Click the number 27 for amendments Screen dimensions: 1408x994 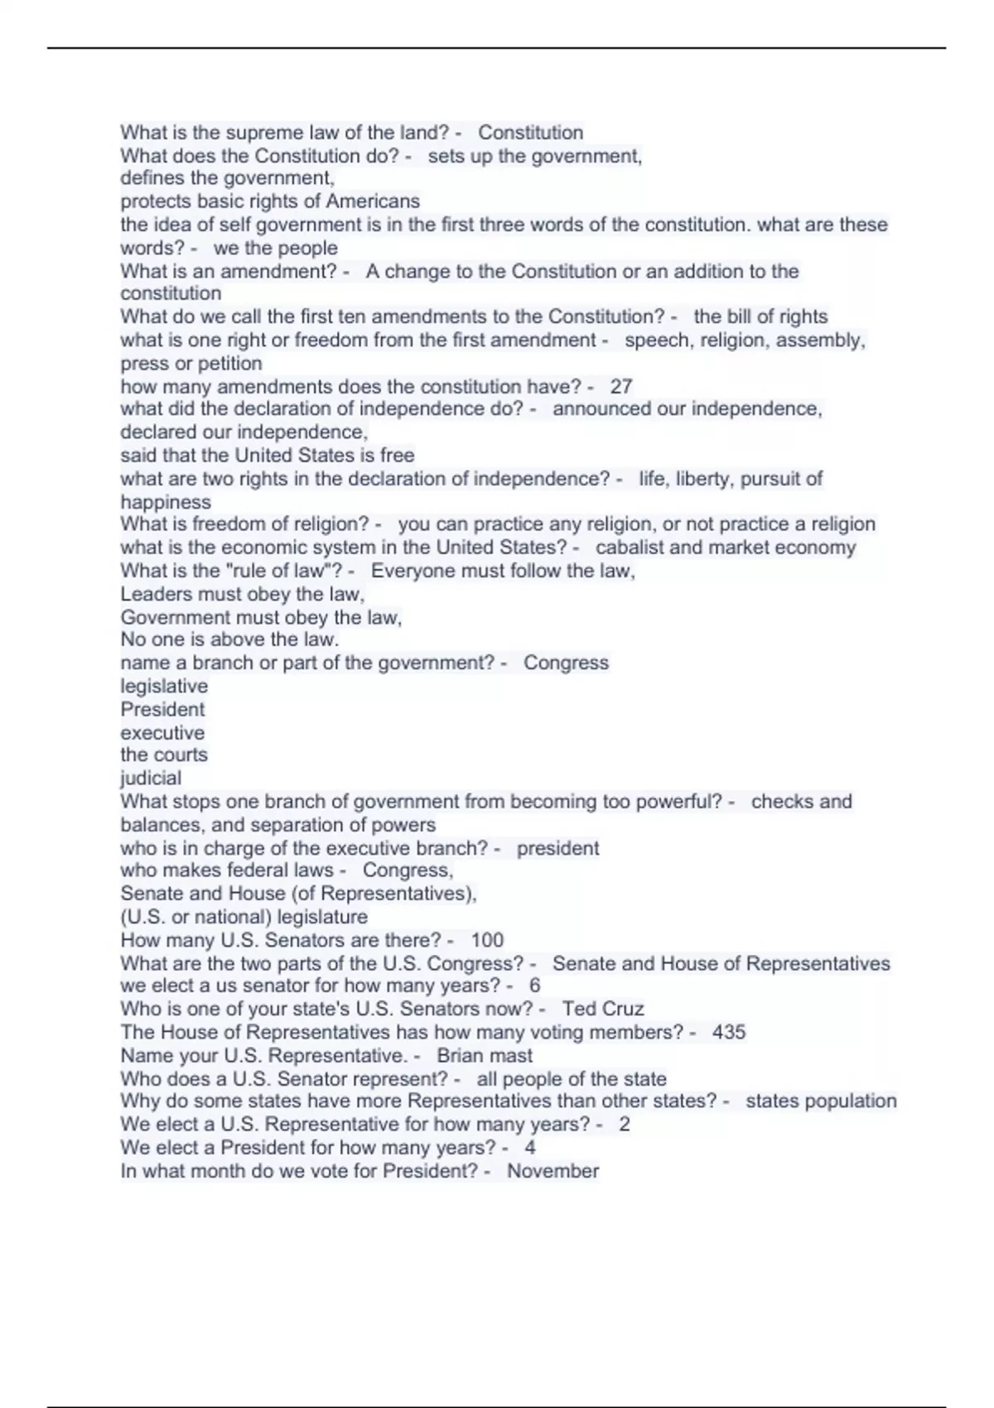click(x=621, y=386)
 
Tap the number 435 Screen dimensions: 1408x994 click(x=729, y=1032)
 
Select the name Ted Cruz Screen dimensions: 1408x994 click(x=603, y=1009)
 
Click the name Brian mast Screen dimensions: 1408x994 click(x=485, y=1055)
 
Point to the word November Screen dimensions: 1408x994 click(x=552, y=1171)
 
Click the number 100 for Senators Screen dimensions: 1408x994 click(x=487, y=940)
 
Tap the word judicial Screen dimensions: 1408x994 click(x=151, y=778)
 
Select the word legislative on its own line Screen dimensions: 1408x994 click(x=164, y=686)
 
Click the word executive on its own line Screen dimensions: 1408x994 click(x=162, y=732)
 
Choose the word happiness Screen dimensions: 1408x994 click(x=166, y=502)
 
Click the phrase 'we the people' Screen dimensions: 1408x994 click(x=275, y=248)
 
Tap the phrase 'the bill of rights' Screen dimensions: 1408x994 click(x=760, y=316)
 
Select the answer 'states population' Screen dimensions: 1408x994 click(x=821, y=1101)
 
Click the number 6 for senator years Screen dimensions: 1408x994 click(x=534, y=986)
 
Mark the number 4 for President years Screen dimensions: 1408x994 click(x=530, y=1148)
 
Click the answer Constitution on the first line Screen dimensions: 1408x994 click(x=531, y=133)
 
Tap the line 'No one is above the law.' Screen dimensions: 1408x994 click(x=229, y=639)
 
